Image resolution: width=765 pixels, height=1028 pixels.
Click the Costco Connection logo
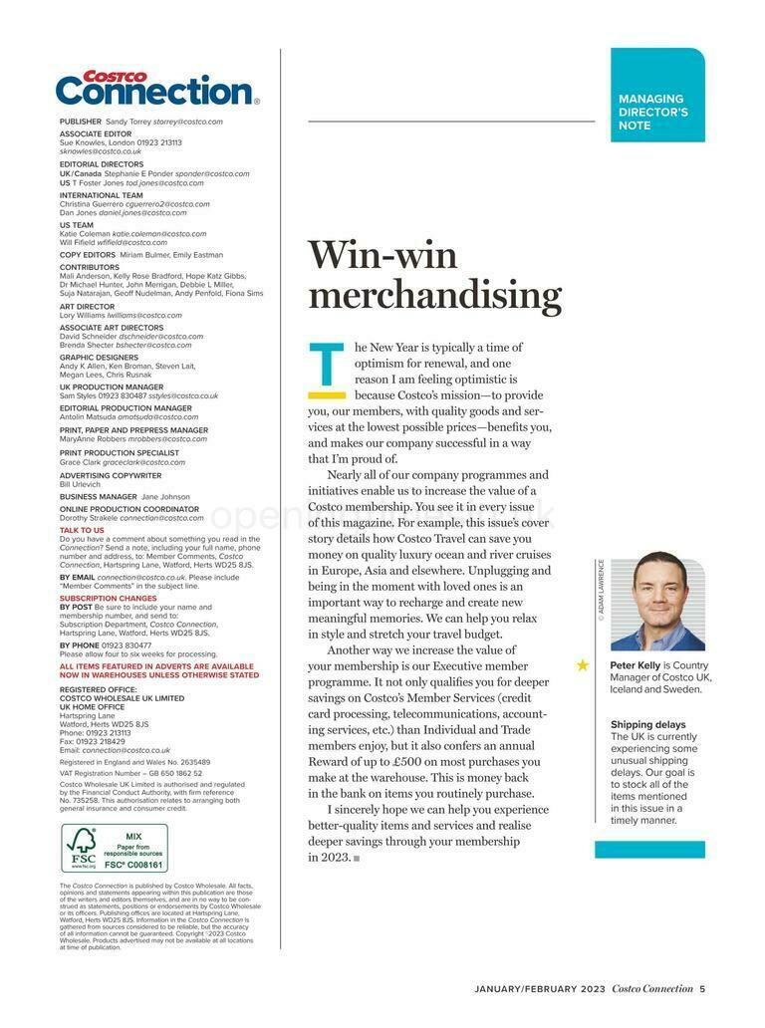(x=156, y=89)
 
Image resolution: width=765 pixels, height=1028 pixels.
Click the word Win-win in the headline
(x=382, y=255)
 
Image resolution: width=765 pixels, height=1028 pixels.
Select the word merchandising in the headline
(x=434, y=296)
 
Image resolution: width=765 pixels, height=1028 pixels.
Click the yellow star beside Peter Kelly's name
(x=583, y=664)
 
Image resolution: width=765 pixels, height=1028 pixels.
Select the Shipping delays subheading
(x=647, y=724)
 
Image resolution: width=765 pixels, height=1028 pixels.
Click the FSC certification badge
(x=115, y=848)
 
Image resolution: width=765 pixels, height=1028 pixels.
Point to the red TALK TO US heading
(x=82, y=530)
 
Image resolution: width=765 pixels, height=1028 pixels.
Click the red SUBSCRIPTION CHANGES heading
(x=109, y=599)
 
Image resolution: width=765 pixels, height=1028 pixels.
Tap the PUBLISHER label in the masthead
(x=81, y=122)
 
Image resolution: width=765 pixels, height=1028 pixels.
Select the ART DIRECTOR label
(x=87, y=306)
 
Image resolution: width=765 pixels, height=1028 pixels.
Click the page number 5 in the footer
(x=702, y=988)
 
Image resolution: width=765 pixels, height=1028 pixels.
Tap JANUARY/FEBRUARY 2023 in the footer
(x=539, y=988)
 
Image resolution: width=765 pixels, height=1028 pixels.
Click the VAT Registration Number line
(x=130, y=772)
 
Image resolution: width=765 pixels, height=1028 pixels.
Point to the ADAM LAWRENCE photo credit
(x=602, y=591)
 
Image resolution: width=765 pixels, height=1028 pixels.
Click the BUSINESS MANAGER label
(x=98, y=496)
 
